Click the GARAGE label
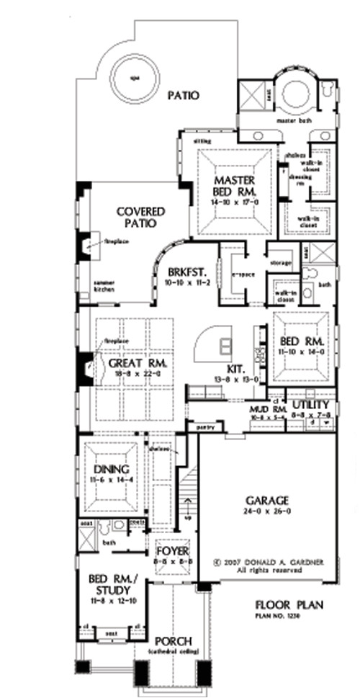click(x=266, y=500)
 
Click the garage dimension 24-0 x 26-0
click(x=266, y=512)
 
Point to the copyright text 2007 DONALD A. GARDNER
click(x=266, y=558)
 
